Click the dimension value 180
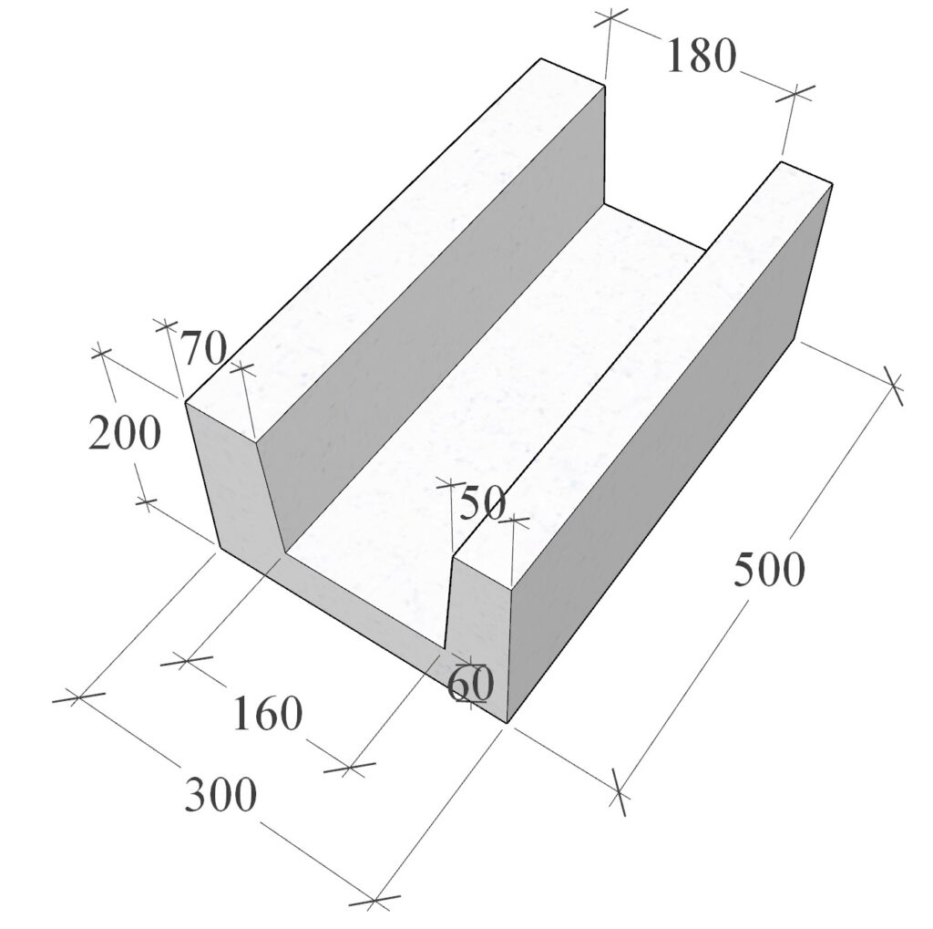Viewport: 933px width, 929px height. (x=701, y=56)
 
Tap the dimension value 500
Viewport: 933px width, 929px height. (x=769, y=569)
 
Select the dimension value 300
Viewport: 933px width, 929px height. (x=220, y=794)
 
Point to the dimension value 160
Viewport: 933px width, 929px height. (x=267, y=713)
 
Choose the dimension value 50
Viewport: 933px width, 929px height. (x=483, y=502)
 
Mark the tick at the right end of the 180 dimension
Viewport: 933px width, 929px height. (x=795, y=93)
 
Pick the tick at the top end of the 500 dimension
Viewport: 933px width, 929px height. (x=892, y=386)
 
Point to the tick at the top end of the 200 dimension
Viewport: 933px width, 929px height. (x=102, y=353)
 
